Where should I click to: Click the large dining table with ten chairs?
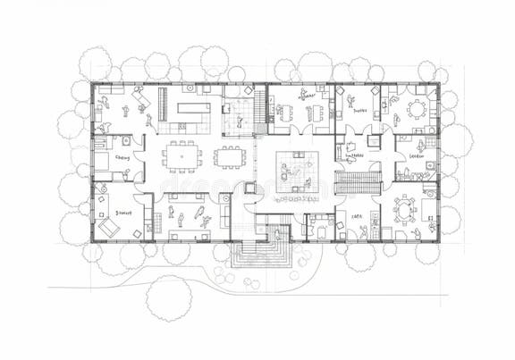tap(182, 155)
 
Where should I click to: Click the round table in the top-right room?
tap(417, 109)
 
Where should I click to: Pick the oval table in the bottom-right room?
tap(405, 210)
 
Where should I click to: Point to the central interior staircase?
tap(358, 182)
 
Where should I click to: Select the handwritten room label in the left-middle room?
tap(122, 157)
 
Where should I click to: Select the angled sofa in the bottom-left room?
tap(109, 228)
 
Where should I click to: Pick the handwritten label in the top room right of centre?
tap(359, 112)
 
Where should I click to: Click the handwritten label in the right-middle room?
tap(416, 156)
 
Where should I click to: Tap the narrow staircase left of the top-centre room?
tap(259, 108)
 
